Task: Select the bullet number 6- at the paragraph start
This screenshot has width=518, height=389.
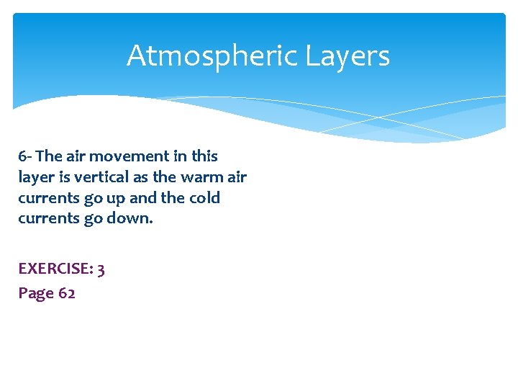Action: coord(25,156)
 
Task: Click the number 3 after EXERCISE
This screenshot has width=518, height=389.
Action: coord(101,269)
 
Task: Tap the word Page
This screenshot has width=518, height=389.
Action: coord(34,293)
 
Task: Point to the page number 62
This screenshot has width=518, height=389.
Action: coord(66,293)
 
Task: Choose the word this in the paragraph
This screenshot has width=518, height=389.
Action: coord(203,156)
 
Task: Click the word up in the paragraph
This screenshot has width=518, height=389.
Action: coord(115,197)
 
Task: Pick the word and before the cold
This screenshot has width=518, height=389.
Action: coord(144,197)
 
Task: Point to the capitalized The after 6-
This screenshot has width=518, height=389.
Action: coord(48,156)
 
